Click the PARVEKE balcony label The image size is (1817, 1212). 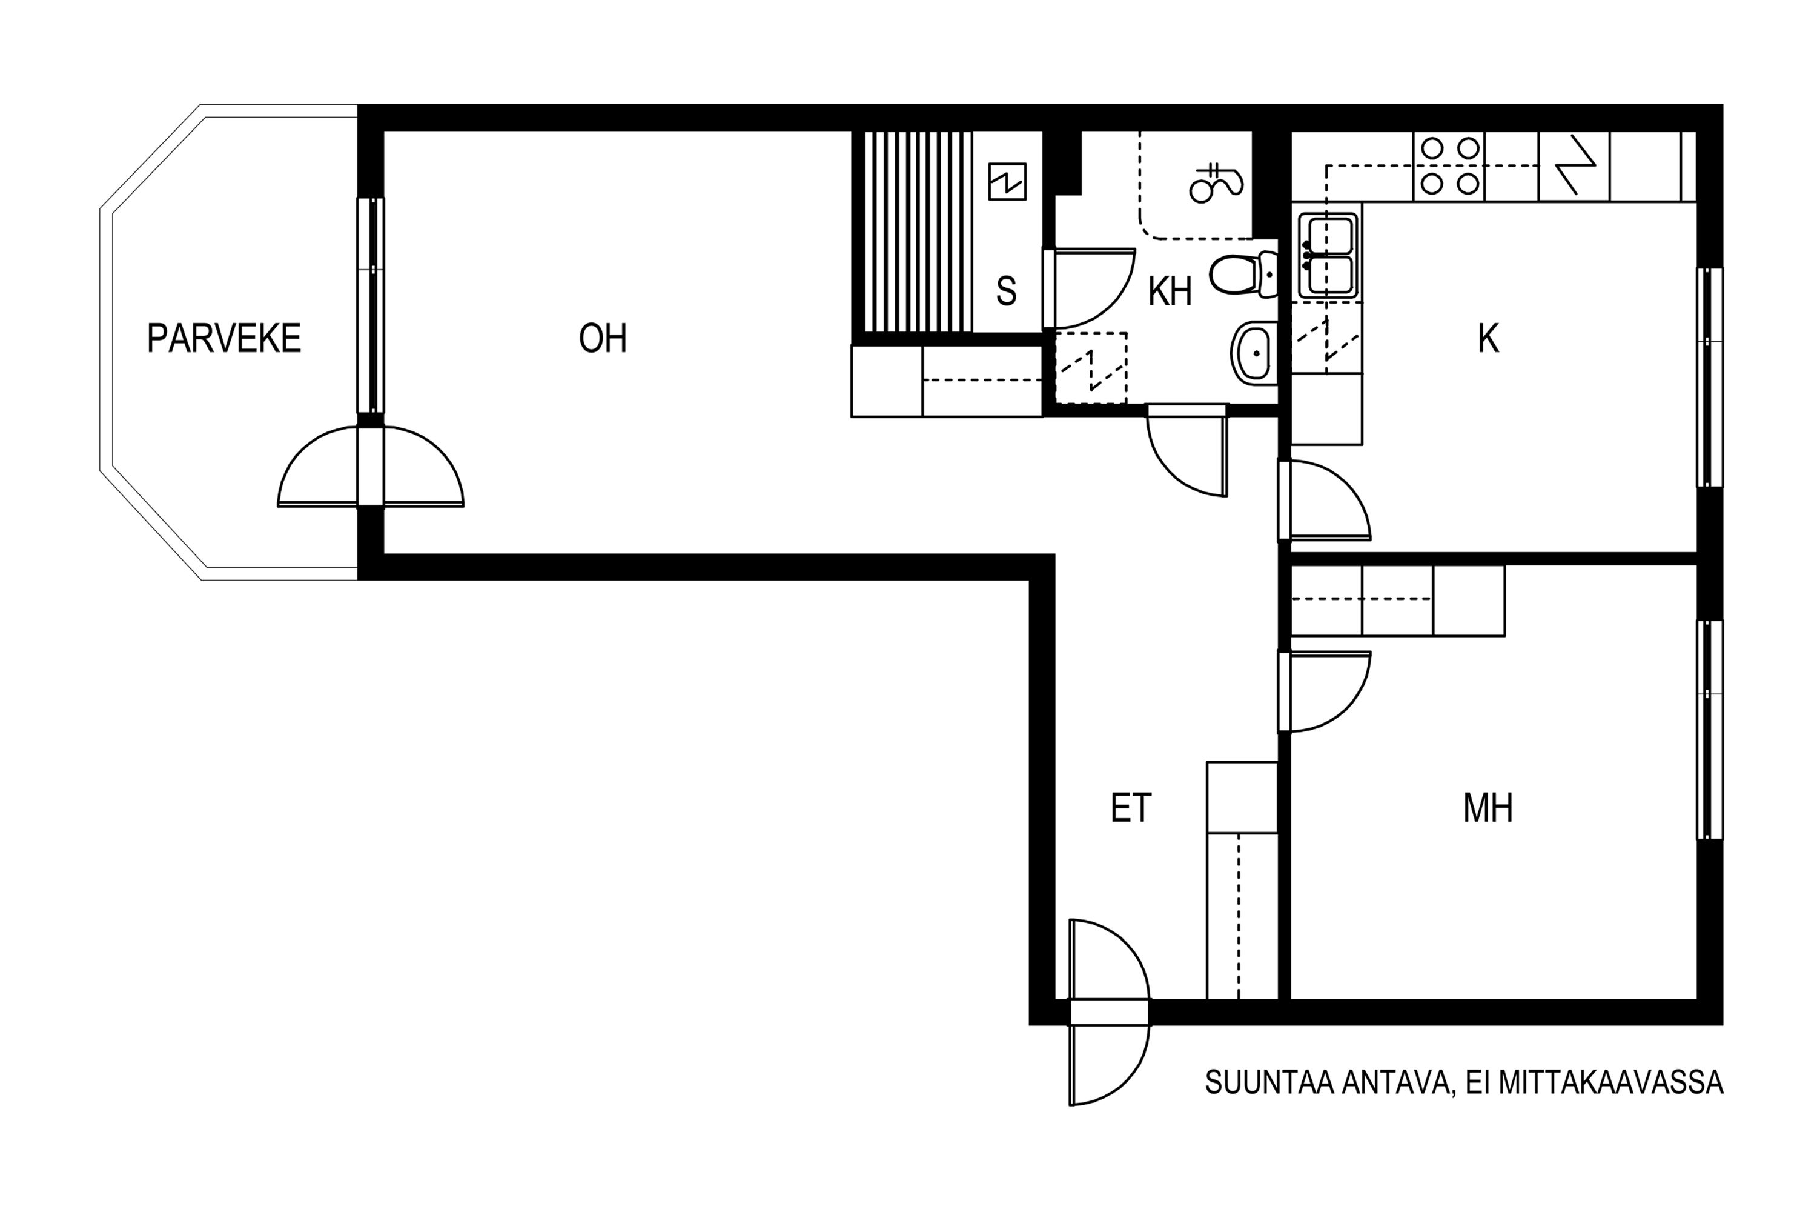[223, 339]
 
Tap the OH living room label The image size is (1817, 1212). [603, 339]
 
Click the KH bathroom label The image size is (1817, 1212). [1170, 291]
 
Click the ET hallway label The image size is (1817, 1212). [1130, 808]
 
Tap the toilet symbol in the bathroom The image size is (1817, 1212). [1242, 275]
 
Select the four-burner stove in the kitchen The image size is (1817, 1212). [1449, 166]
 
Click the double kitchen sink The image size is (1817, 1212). [1327, 255]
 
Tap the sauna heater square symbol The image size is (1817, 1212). [1007, 182]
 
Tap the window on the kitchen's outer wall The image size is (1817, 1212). [1710, 376]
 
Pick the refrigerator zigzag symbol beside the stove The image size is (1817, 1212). [1574, 166]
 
